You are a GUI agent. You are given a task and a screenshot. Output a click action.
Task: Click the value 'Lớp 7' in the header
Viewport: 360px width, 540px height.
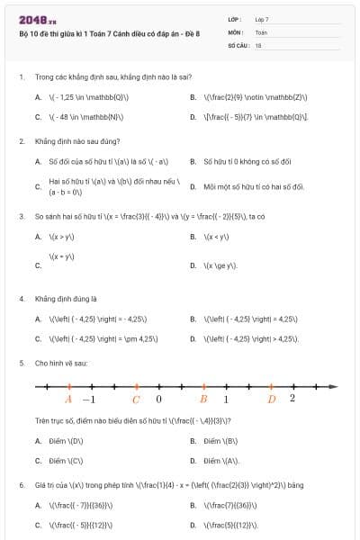tap(262, 19)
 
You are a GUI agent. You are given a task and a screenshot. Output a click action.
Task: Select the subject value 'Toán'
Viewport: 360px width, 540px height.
tap(261, 31)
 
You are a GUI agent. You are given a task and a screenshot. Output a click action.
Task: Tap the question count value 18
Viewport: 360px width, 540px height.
tap(258, 44)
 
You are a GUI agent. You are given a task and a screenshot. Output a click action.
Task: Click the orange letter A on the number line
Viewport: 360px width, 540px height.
tap(68, 400)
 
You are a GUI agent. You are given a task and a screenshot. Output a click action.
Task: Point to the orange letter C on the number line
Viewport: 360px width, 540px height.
tap(136, 400)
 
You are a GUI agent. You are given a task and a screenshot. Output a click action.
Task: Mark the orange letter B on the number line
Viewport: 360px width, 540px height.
tap(203, 400)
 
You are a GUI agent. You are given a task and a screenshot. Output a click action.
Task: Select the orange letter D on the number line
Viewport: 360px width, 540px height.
tap(272, 400)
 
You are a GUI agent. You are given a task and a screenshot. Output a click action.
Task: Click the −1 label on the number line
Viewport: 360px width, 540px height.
tap(88, 400)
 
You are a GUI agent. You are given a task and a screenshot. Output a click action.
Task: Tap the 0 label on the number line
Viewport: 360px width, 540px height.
tap(159, 400)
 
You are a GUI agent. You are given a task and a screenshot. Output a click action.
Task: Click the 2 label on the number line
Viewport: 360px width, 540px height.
tap(292, 399)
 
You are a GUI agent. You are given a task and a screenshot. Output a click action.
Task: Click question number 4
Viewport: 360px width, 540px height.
tap(21, 298)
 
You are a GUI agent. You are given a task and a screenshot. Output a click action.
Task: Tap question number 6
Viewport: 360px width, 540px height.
tap(21, 485)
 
